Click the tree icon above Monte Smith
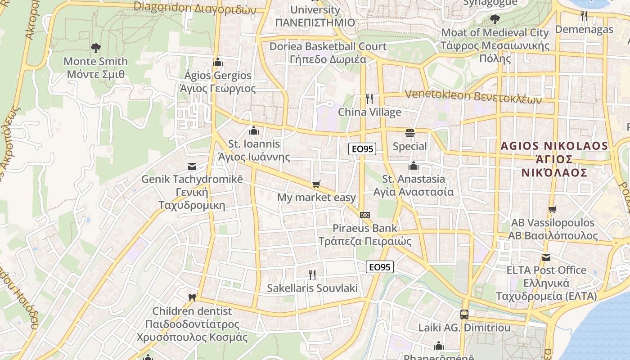[x=95, y=48]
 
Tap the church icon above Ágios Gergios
[x=218, y=62]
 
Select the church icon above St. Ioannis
[x=254, y=131]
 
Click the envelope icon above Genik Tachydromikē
[x=192, y=166]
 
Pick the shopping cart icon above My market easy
[x=316, y=184]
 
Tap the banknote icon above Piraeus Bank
[x=365, y=215]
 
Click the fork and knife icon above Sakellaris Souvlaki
[x=312, y=274]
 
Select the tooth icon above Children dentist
[x=192, y=297]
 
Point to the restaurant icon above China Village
[x=369, y=99]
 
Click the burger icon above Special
[x=409, y=133]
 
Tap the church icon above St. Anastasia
[x=414, y=166]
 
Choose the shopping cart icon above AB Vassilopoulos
[x=552, y=210]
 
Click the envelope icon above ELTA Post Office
[x=546, y=257]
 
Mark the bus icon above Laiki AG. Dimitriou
[x=464, y=315]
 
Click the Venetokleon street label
[x=473, y=96]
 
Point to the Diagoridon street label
[x=195, y=8]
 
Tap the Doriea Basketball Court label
[x=328, y=53]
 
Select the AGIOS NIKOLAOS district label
[x=554, y=159]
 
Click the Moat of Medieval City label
[x=495, y=45]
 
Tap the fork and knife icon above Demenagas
[x=584, y=16]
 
